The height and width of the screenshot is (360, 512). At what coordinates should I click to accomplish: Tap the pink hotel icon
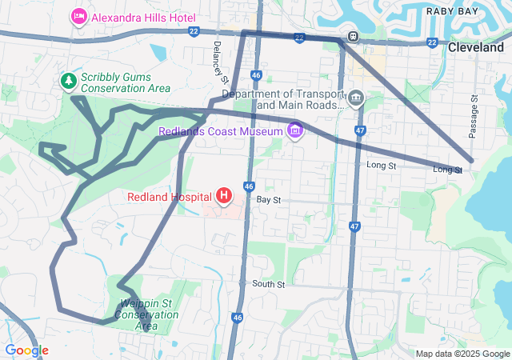(78, 15)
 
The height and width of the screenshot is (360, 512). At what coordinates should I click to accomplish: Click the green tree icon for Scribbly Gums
(69, 81)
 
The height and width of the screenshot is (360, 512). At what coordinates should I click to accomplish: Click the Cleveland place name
(475, 48)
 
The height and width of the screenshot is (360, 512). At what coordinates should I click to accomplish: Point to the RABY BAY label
(453, 10)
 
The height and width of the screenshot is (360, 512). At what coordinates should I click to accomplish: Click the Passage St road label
(474, 117)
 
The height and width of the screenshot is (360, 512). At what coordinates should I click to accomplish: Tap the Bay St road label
(269, 198)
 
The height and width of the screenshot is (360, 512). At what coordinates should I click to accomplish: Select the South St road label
(268, 284)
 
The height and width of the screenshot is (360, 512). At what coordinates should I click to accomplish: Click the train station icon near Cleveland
(352, 36)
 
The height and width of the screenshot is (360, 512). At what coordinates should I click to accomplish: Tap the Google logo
(26, 350)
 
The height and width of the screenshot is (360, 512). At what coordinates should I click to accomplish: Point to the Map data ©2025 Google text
(462, 354)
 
